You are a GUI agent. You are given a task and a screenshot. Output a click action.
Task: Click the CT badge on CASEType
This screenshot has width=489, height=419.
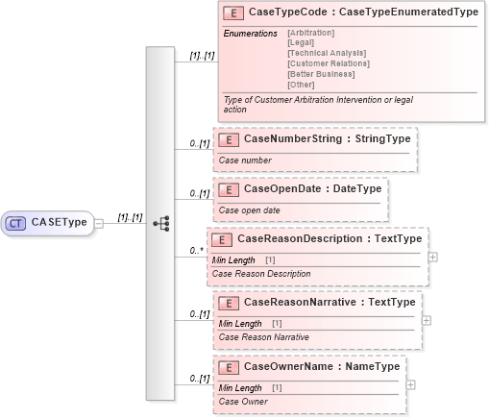tap(16, 223)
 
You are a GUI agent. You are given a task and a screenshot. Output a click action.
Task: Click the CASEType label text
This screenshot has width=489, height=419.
tap(60, 223)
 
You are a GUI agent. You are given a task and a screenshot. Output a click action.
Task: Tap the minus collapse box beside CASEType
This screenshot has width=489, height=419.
tap(99, 223)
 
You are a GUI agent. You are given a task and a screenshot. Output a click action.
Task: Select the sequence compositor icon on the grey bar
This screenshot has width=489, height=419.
tap(160, 223)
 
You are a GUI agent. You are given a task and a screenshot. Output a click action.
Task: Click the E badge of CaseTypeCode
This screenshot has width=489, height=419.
tap(232, 13)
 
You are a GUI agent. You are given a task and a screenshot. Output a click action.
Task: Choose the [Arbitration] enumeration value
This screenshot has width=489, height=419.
tap(311, 34)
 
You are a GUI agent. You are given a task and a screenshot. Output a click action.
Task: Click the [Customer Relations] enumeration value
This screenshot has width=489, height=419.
tap(328, 63)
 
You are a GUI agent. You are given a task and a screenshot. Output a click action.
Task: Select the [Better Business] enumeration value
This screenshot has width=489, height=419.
tap(321, 74)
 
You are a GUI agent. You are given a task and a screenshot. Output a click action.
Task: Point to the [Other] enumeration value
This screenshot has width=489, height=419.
tap(301, 84)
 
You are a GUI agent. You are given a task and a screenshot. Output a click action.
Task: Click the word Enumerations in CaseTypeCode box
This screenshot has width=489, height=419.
tap(250, 34)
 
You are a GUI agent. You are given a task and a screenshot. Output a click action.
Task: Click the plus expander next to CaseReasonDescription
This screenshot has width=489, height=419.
tap(433, 258)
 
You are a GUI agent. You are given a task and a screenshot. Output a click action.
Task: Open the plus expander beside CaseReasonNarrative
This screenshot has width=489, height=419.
tap(427, 320)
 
